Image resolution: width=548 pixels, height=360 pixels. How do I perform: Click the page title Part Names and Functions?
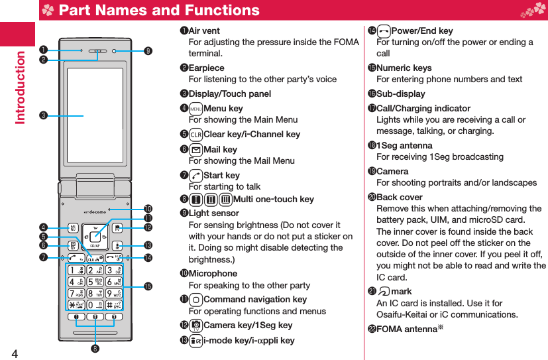[159, 11]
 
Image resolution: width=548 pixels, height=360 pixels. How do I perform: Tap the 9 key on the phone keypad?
[115, 293]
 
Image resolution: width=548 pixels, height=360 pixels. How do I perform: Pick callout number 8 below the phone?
[96, 349]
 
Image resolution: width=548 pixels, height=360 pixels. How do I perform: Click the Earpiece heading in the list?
[206, 68]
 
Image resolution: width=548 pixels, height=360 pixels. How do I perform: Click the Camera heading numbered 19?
[392, 172]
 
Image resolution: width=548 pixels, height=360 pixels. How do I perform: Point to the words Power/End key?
[422, 31]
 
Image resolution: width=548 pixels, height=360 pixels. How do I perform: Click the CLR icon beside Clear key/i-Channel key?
[195, 135]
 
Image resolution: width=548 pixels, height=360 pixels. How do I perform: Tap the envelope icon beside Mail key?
[195, 150]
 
